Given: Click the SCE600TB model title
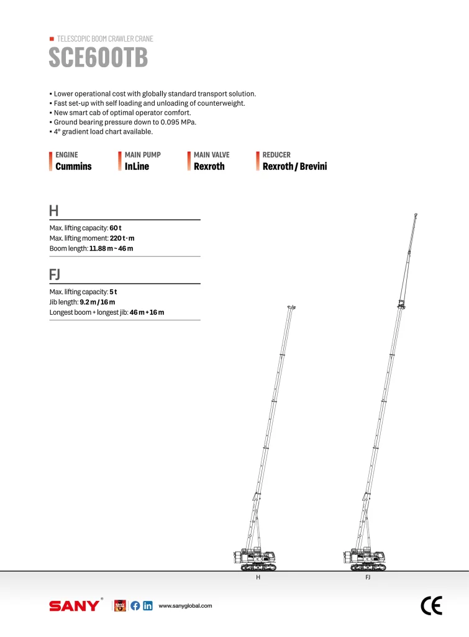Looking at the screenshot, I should (98, 58).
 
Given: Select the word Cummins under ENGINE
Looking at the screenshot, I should (73, 166).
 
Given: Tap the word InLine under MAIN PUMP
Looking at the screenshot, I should (137, 166).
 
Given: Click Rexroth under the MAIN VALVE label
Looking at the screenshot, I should (209, 166).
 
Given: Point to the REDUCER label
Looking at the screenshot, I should (276, 155).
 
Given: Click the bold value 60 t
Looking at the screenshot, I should (116, 228).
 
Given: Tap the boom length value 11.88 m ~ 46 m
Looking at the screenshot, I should (111, 248).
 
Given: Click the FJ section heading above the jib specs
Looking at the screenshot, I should (55, 274).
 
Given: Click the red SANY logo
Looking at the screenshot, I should (74, 606).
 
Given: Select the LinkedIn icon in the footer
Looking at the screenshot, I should (148, 606).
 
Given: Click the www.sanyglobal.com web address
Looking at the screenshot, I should (186, 606).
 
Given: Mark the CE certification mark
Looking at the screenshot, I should (431, 605).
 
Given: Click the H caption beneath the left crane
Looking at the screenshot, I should (258, 578).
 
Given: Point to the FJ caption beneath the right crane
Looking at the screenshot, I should (368, 578).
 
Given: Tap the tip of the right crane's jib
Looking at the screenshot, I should (416, 215).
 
